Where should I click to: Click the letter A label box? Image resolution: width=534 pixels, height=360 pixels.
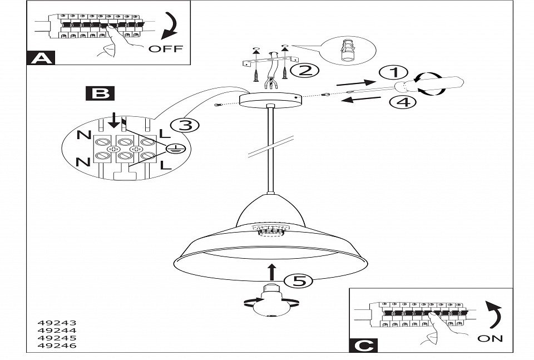coord(40,57)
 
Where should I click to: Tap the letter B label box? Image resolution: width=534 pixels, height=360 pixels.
coord(100,93)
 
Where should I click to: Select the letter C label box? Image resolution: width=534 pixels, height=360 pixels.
coord(363,345)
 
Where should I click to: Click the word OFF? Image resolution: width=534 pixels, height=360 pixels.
coord(165,48)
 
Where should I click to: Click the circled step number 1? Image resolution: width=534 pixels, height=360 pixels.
coord(393,73)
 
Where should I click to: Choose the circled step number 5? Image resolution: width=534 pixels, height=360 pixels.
coord(298,282)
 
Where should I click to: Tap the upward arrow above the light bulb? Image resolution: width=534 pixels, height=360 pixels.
coord(272,272)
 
